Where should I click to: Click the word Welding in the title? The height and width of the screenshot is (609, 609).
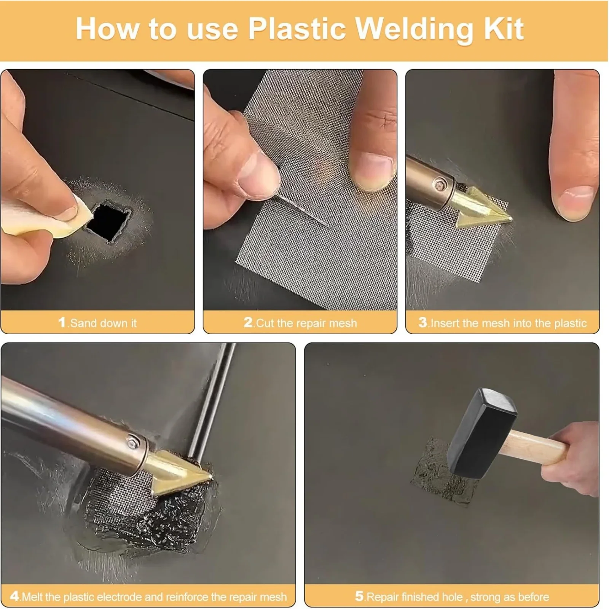point(415,30)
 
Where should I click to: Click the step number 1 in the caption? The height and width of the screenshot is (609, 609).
point(62,322)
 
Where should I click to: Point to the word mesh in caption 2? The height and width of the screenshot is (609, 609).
point(341,323)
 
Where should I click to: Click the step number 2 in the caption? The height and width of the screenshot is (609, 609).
point(248,322)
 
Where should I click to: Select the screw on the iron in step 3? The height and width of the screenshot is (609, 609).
point(441,185)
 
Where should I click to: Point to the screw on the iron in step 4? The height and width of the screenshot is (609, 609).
point(132,442)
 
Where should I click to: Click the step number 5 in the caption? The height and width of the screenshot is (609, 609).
point(359,596)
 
